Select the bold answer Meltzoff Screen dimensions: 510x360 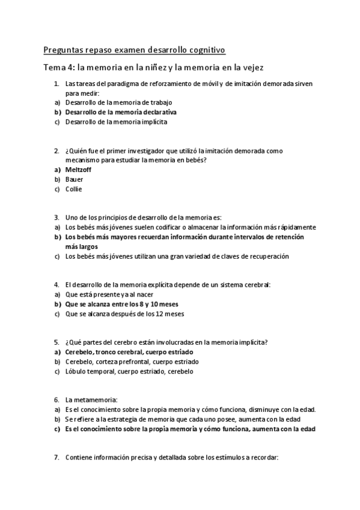point(78,170)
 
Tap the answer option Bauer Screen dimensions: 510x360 point(75,179)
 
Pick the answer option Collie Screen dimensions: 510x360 point(74,189)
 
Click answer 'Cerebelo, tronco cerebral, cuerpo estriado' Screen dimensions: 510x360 point(129,352)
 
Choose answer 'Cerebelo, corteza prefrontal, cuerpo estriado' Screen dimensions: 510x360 point(132,361)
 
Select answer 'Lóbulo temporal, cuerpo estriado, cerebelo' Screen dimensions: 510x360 point(129,371)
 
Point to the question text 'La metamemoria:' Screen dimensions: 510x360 point(91,399)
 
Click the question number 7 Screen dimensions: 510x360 point(56,457)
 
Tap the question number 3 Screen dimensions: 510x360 point(56,217)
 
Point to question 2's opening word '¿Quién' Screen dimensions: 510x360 point(76,150)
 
